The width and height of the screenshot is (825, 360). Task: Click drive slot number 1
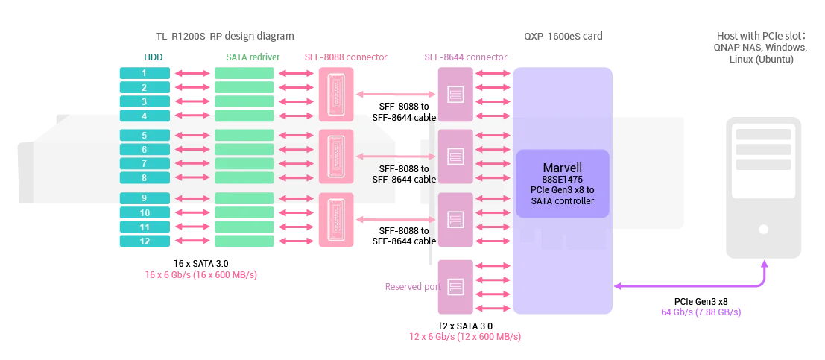coord(145,73)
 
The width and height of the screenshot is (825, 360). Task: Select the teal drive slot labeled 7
coord(145,163)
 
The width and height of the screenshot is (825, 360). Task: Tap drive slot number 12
coord(145,241)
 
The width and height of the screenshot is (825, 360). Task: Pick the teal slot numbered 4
coord(145,116)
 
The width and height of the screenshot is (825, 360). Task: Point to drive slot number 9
coord(145,198)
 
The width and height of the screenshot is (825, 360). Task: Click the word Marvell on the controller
coord(563,168)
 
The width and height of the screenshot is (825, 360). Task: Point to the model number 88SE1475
coord(563,180)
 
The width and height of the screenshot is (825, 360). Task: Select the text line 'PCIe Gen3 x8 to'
coord(563,190)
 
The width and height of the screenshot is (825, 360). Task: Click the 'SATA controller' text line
coord(563,200)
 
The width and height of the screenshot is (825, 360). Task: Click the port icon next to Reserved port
coord(455,285)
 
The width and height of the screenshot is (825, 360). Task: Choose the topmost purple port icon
coord(455,94)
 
